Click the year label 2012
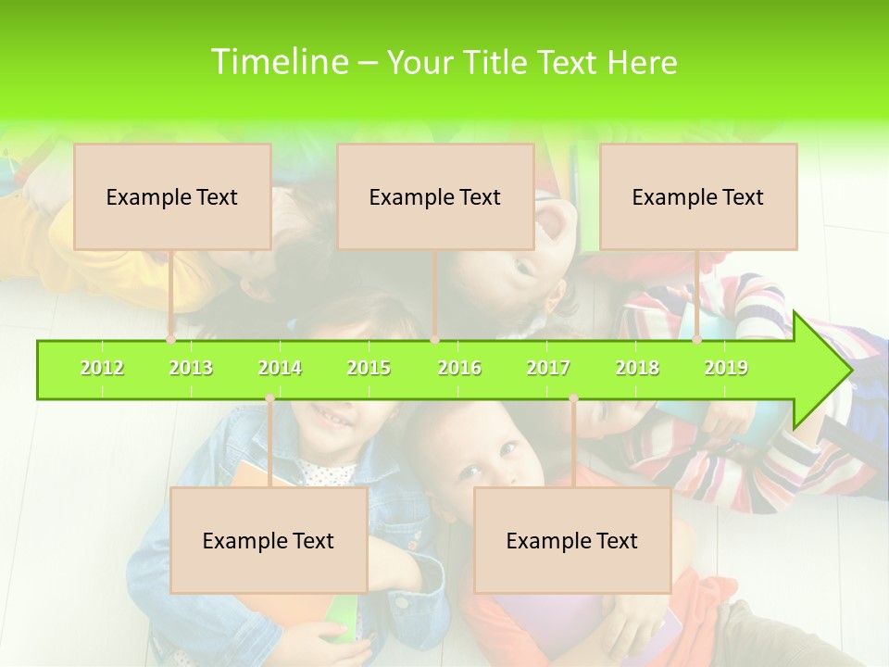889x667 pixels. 102,368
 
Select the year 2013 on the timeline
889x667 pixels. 191,368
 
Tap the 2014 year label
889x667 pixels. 280,368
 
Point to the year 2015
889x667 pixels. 369,368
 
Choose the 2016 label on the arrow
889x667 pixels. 459,368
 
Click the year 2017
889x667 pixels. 548,368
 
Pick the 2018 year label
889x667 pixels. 637,368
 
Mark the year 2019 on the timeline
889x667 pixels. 726,368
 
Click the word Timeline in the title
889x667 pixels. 278,62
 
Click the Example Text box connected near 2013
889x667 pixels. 172,196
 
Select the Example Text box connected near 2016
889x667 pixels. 435,196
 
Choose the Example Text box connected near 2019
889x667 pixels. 698,196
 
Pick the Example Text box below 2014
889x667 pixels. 269,540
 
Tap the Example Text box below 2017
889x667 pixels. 572,540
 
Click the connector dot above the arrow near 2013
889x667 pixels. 171,340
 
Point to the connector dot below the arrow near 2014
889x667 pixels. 269,398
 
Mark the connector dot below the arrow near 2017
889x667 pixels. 573,398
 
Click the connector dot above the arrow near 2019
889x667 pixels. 697,340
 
